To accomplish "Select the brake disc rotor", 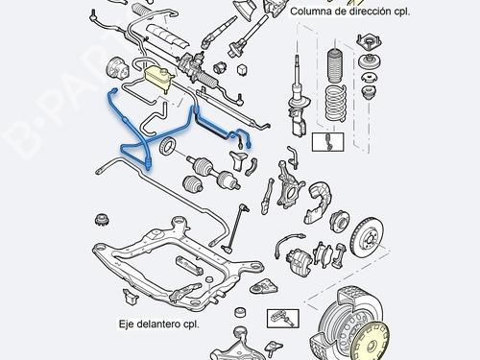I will [367, 244].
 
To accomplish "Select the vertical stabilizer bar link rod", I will [231, 228].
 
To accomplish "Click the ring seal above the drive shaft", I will [169, 146].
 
